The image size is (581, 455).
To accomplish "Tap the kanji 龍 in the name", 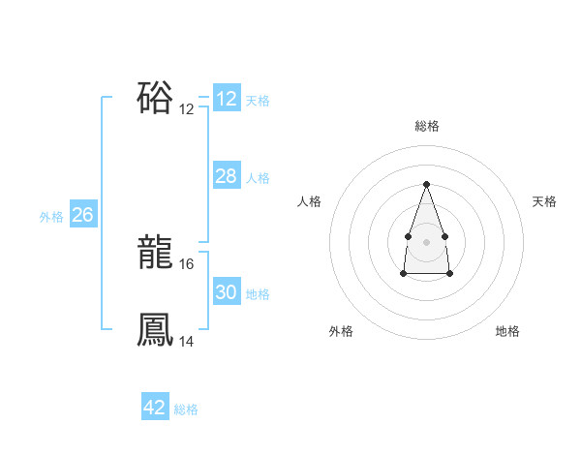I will tap(155, 254).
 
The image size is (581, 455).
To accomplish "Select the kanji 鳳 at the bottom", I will tap(155, 329).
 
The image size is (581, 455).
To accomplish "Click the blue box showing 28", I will tap(226, 176).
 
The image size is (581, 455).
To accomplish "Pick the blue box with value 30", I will tap(226, 292).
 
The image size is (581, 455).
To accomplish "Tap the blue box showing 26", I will tap(82, 215).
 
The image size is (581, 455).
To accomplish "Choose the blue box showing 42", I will tap(154, 408).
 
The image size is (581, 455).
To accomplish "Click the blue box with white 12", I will tap(226, 99).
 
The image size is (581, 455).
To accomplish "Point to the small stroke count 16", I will tap(188, 263).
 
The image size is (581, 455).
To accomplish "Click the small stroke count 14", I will tap(188, 341).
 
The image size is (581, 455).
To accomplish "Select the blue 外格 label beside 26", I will tap(51, 218).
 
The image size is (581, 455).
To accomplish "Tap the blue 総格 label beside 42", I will tap(186, 409).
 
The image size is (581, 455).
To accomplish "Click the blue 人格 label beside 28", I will tap(258, 178).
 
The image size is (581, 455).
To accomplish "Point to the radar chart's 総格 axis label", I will tap(426, 126).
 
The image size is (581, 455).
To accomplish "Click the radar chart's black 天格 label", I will tap(544, 201).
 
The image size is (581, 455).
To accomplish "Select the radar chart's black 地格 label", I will tap(507, 331).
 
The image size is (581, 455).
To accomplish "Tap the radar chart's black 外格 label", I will tap(341, 331).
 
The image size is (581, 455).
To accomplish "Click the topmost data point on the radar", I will tap(426, 184).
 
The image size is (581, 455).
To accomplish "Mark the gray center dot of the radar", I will tap(426, 241).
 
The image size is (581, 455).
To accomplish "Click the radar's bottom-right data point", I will tap(450, 274).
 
